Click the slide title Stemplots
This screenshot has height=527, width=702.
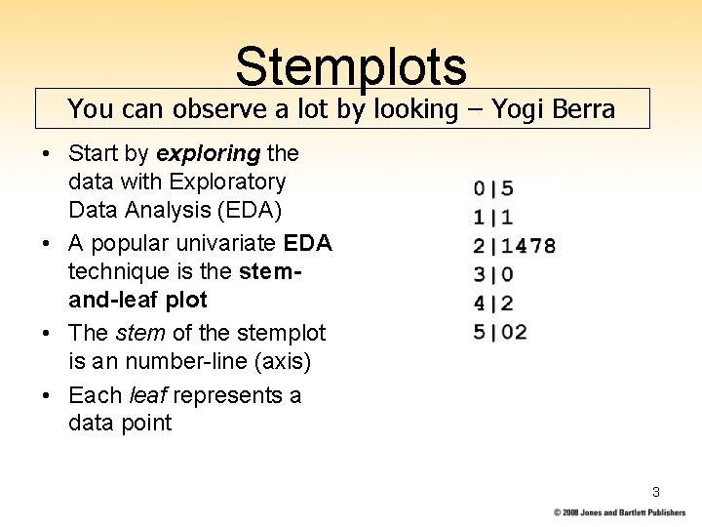tap(351, 65)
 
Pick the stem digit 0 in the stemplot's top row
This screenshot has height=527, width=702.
tap(480, 188)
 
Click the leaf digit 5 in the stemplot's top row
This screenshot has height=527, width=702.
tap(507, 188)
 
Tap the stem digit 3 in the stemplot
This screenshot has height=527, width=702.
tap(480, 274)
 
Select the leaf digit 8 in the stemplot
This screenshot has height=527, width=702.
tap(550, 246)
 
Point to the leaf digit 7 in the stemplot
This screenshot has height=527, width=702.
tap(535, 246)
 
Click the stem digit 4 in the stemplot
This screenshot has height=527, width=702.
tap(480, 303)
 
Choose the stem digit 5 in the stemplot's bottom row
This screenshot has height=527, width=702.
tap(480, 332)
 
